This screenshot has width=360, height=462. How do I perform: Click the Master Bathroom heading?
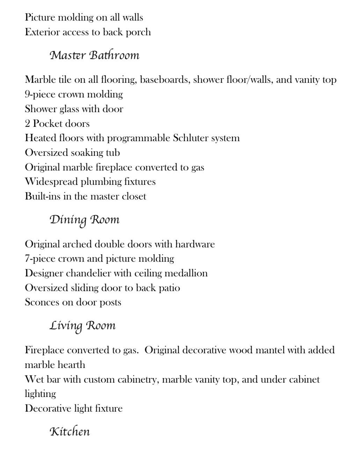click(x=94, y=55)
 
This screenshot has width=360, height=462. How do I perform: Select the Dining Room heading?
click(x=84, y=220)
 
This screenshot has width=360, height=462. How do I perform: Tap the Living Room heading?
click(x=82, y=326)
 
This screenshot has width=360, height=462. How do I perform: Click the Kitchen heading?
click(x=70, y=432)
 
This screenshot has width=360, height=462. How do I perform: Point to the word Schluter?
click(x=189, y=138)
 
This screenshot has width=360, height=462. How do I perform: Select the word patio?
click(x=170, y=288)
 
